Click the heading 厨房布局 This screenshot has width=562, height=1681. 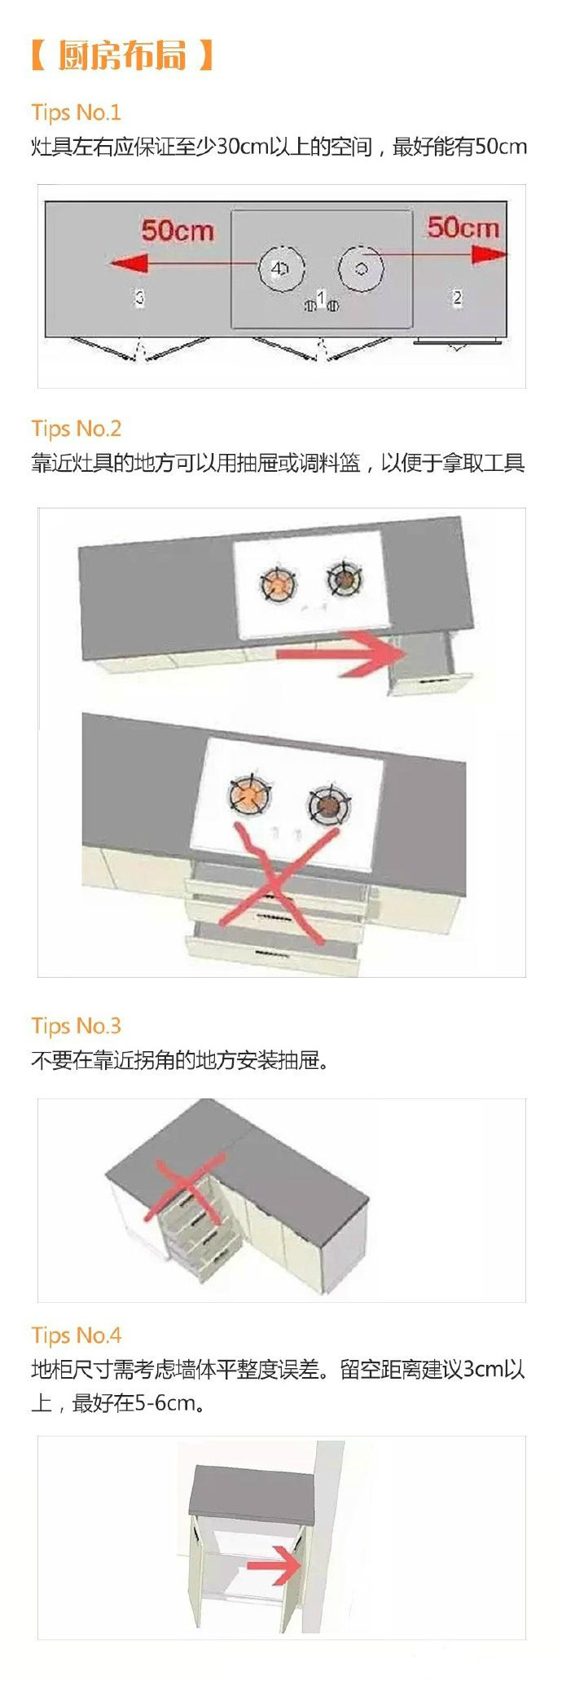click(x=122, y=55)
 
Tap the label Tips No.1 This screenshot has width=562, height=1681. click(x=76, y=112)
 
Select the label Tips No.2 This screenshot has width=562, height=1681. click(x=76, y=429)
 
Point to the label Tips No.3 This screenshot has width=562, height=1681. click(x=76, y=1026)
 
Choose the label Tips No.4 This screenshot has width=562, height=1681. click(x=76, y=1336)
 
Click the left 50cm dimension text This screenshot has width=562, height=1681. click(x=178, y=231)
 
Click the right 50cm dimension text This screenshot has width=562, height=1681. click(x=463, y=227)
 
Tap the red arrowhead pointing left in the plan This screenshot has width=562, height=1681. click(x=127, y=263)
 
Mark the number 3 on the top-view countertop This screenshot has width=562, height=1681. click(x=139, y=297)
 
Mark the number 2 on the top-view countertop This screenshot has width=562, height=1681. click(x=457, y=297)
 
